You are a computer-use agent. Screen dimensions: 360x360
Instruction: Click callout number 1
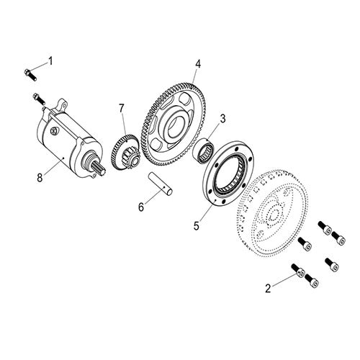(x=50, y=60)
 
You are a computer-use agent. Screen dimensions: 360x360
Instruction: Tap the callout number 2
(x=268, y=289)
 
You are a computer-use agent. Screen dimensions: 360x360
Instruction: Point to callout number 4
(x=197, y=63)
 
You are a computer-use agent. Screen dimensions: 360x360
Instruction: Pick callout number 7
(x=122, y=109)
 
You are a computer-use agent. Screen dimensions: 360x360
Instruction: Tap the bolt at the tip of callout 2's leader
(x=296, y=271)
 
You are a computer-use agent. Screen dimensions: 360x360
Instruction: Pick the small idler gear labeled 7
(x=129, y=150)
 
